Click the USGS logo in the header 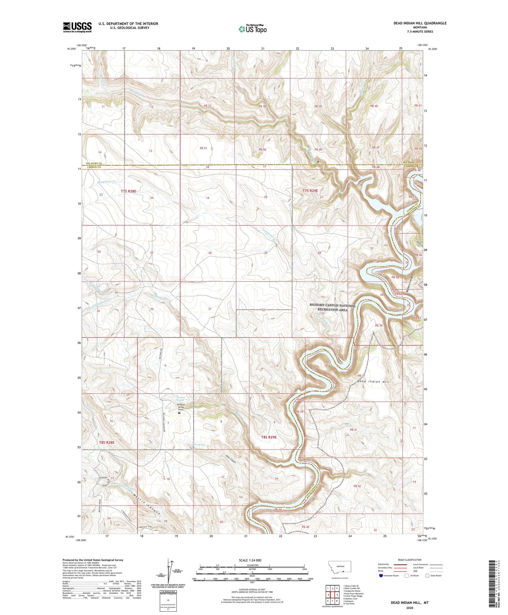click(77, 27)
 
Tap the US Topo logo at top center click(252, 29)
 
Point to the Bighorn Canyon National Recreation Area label click(333, 307)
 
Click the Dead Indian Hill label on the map click(373, 382)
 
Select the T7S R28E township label click(128, 191)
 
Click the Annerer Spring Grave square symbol click(179, 413)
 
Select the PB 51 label click(203, 148)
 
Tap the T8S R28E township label click(107, 442)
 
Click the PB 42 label click(357, 486)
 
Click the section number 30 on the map click(210, 253)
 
